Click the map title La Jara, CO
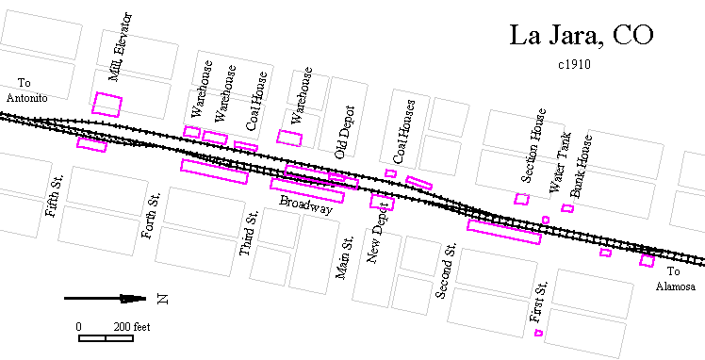coord(582,35)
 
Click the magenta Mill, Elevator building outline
coord(107,103)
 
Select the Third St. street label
coord(248,235)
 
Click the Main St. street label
coord(344,257)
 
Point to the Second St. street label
coord(446,270)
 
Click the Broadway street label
coord(305,205)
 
